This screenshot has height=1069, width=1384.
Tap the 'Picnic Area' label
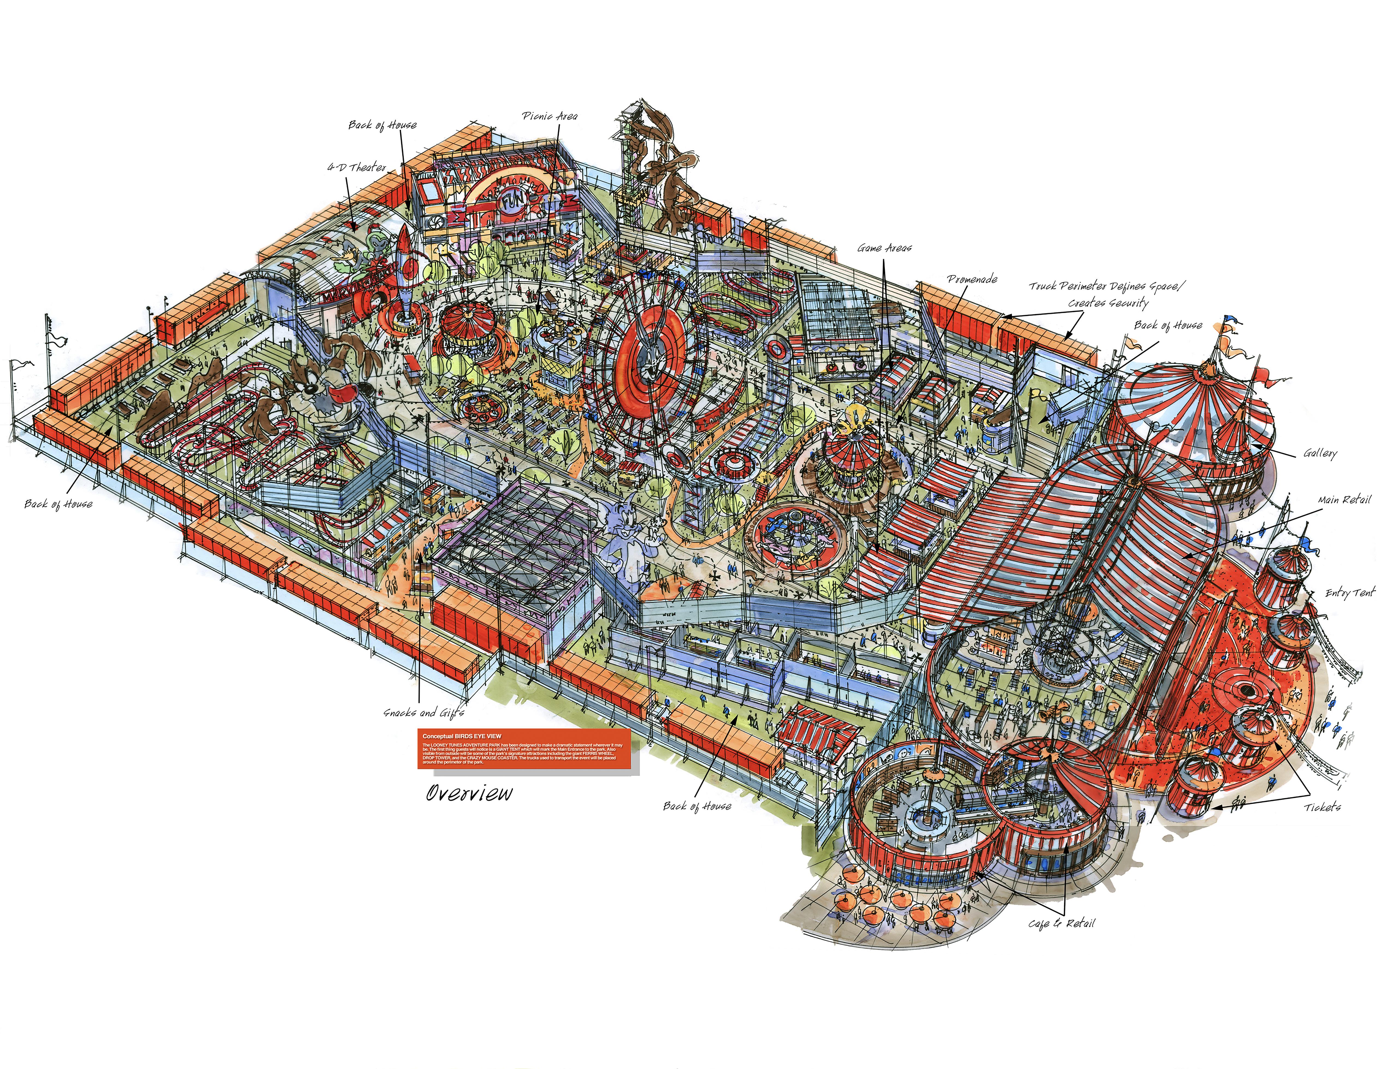click(549, 116)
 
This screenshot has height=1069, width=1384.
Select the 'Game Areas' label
click(884, 248)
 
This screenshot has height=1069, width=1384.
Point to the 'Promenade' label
click(972, 279)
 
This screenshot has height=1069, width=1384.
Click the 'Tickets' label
click(1322, 807)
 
